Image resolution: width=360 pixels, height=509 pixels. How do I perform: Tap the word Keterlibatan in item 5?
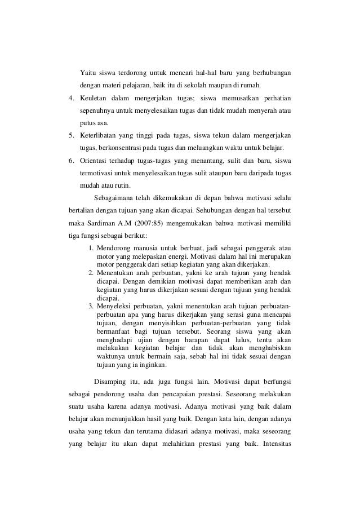pos(101,136)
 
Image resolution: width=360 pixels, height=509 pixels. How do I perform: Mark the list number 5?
pos(70,136)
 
